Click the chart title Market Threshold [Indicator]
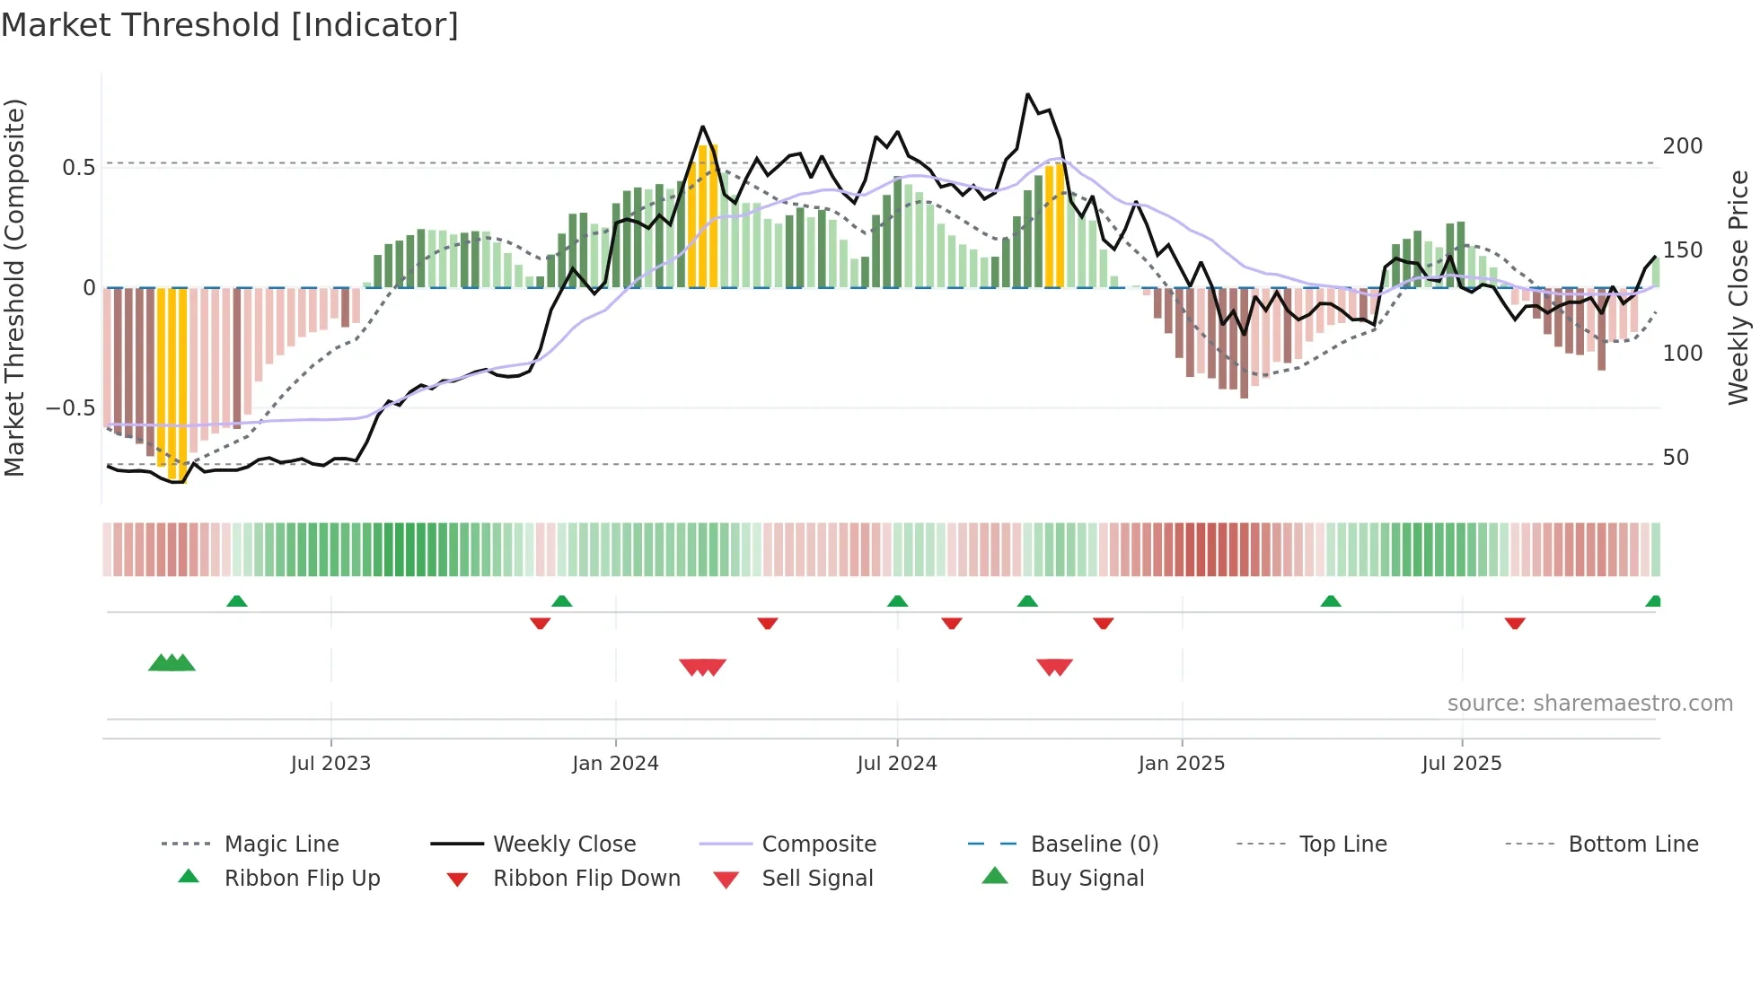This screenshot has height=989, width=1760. [x=230, y=25]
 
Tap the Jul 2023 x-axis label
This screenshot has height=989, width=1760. [x=330, y=764]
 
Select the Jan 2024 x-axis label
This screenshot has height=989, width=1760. [x=615, y=764]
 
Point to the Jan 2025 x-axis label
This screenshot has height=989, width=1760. [x=1181, y=764]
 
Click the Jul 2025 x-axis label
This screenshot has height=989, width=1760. [x=1461, y=764]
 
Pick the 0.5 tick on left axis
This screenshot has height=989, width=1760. [x=79, y=168]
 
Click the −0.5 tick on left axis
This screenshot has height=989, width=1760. [x=71, y=408]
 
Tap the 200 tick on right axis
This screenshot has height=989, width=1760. [x=1682, y=146]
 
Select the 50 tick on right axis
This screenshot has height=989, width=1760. [x=1676, y=458]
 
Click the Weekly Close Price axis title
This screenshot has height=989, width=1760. [x=1738, y=287]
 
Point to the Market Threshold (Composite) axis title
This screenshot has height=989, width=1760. [x=14, y=287]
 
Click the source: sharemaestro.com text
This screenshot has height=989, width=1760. [x=1589, y=704]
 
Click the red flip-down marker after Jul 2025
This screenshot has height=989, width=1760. [x=1515, y=623]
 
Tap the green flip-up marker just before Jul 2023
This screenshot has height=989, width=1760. [x=237, y=601]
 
